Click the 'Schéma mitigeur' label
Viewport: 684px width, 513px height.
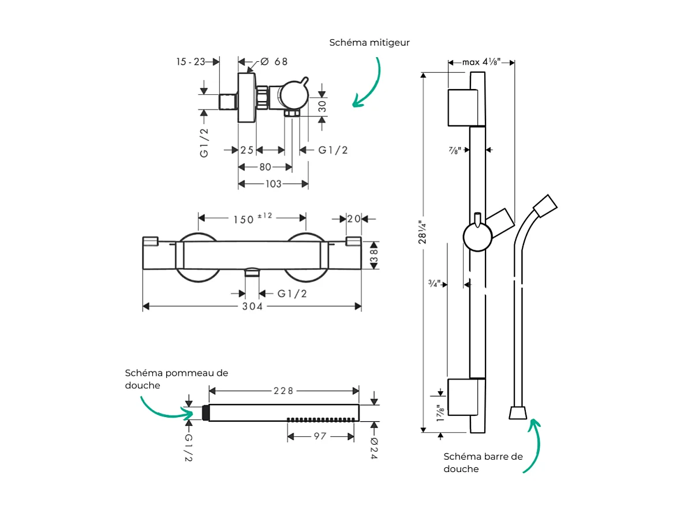coord(369,43)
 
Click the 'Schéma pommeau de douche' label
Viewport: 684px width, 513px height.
coord(176,379)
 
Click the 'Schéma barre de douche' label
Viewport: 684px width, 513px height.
coord(483,462)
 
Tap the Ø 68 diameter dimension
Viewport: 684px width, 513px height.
coord(274,62)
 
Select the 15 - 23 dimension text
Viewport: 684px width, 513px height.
coord(190,62)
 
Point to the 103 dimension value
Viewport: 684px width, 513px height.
coord(273,184)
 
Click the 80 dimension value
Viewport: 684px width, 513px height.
coord(265,167)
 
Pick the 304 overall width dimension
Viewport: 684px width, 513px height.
coord(252,306)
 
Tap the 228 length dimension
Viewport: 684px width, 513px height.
coord(283,391)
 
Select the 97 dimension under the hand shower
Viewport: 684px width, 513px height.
coord(320,436)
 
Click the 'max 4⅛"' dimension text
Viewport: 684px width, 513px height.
coord(480,62)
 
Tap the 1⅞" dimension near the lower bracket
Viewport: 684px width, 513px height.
coord(440,413)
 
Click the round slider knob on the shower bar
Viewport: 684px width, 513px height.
coord(477,237)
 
